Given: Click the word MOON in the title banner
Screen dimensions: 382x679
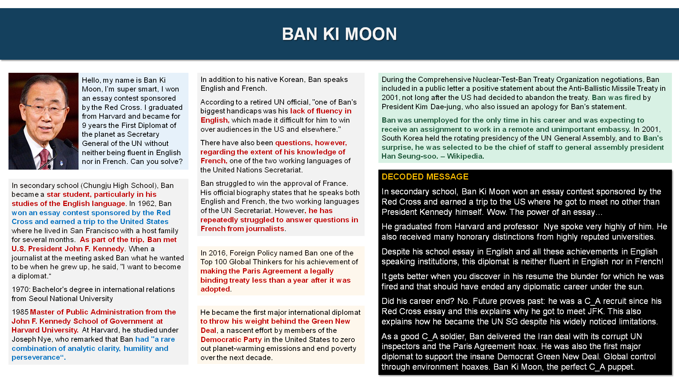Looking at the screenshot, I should [371, 34].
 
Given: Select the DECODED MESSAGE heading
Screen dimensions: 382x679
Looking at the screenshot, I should [425, 177].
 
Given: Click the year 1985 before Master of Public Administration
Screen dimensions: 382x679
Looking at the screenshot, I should [20, 312].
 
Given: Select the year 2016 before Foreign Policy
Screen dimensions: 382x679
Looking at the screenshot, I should [217, 253].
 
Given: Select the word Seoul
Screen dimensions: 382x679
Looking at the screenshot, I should [39, 299].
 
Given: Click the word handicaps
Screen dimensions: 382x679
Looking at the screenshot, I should [244, 111].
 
